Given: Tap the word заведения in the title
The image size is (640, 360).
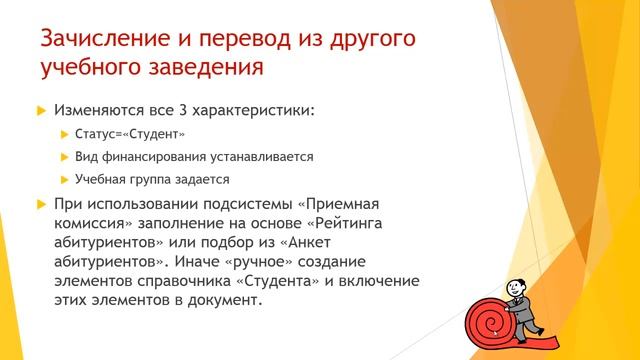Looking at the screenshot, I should (207, 70).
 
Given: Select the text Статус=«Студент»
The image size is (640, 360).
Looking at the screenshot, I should (130, 133).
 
